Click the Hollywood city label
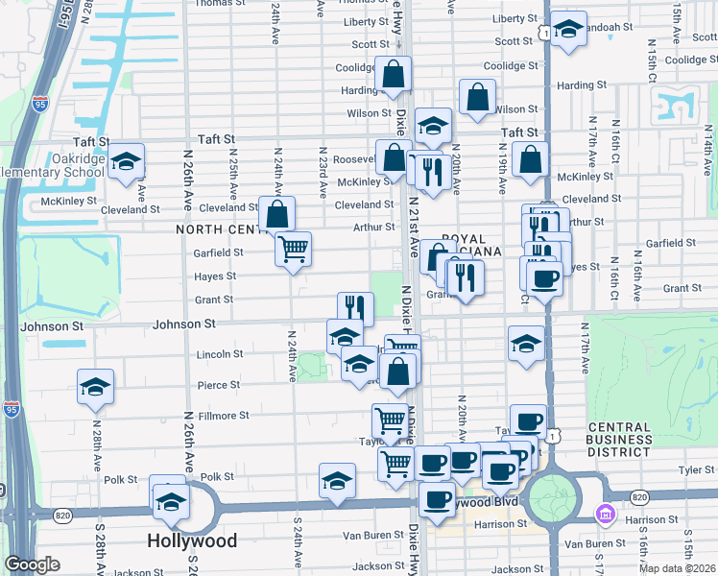[192, 541]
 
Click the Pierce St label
[220, 385]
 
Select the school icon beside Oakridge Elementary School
[125, 164]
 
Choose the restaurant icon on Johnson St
[355, 308]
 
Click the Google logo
[32, 564]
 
